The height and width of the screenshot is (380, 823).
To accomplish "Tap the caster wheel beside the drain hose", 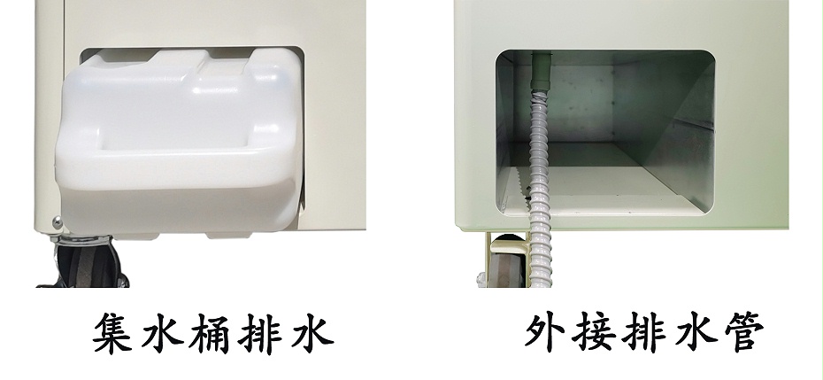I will [x=502, y=265].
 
